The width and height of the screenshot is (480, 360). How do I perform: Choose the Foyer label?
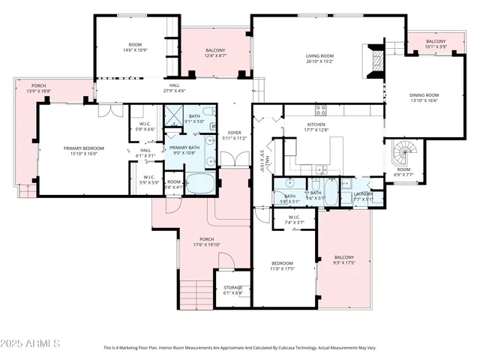point(235,136)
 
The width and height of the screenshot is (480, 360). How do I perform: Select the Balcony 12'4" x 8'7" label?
point(215,53)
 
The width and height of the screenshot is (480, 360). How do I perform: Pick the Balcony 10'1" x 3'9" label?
point(436,44)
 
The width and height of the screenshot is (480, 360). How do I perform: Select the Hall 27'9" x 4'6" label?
point(174,88)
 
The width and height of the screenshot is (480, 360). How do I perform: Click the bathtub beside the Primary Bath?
point(200,184)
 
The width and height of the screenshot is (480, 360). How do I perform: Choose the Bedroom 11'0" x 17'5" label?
point(282,266)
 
